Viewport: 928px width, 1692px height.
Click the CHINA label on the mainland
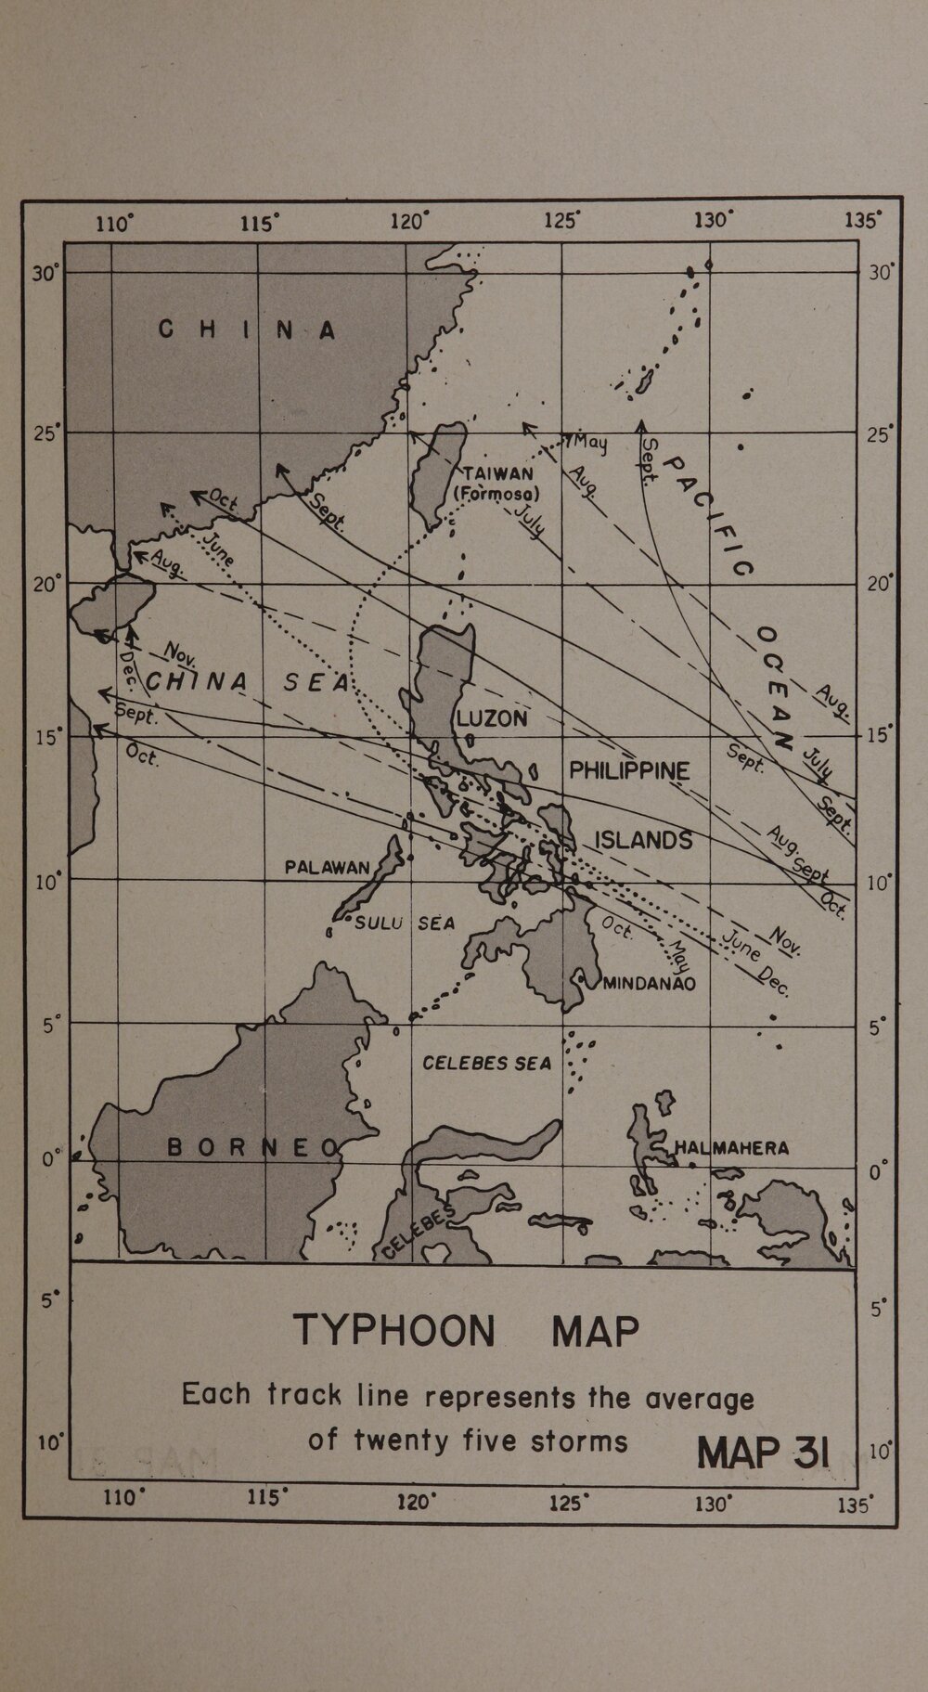(246, 329)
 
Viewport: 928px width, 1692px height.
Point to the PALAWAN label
(327, 868)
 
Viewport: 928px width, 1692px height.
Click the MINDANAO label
(649, 984)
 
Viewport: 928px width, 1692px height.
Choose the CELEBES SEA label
(486, 1064)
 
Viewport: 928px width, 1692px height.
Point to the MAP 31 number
(762, 1453)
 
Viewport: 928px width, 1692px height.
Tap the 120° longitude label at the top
(409, 223)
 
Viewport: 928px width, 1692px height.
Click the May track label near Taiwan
(590, 443)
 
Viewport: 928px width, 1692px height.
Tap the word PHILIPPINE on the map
(629, 771)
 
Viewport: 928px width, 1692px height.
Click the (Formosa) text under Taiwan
(496, 494)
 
